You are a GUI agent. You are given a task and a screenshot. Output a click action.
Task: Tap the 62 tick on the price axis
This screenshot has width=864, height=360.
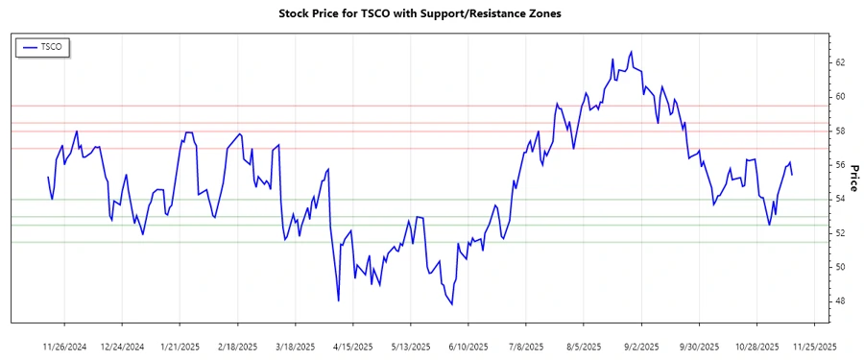[x=839, y=62]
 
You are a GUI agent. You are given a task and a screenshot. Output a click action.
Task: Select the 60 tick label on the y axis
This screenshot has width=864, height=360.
[x=839, y=97]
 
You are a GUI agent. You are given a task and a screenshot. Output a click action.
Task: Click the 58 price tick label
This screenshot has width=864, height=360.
[x=839, y=131]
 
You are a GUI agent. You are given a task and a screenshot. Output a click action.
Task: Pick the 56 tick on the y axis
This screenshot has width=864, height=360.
[x=839, y=165]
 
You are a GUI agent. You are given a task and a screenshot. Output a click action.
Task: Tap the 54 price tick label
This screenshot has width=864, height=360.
[x=839, y=199]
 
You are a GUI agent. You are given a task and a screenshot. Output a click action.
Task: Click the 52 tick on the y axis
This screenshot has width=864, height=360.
[x=839, y=233]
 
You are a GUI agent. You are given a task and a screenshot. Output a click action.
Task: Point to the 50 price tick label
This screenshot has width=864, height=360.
[x=839, y=267]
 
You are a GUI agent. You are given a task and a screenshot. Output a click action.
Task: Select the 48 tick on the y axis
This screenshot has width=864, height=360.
[x=839, y=301]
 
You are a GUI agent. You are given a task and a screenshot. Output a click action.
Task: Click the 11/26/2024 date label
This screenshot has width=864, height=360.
[x=65, y=345]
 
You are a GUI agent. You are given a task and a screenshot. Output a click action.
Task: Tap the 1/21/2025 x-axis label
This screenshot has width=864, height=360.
[x=180, y=345]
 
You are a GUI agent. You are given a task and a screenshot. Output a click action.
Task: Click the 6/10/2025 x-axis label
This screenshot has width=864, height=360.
[x=468, y=345]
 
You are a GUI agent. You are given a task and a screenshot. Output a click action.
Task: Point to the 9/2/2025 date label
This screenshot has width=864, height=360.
[x=641, y=345]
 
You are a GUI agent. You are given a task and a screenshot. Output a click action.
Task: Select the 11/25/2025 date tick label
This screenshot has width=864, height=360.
[x=814, y=345]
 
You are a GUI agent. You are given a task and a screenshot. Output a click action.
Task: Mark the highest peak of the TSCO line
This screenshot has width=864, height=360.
[x=631, y=52]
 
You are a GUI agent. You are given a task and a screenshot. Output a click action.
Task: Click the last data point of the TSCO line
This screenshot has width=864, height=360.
[x=791, y=174]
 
